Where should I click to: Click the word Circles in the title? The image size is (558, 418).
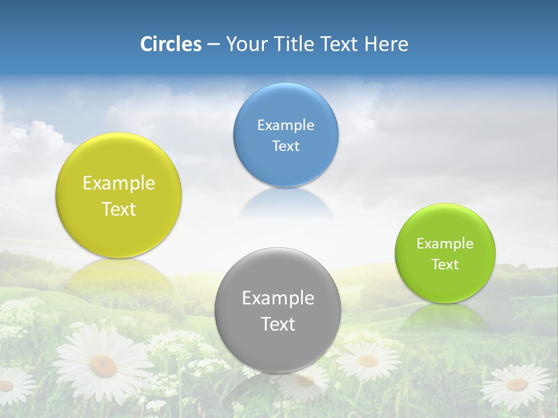coord(170,44)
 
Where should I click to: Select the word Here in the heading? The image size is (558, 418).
coord(387,44)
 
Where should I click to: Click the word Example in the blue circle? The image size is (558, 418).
coord(285,125)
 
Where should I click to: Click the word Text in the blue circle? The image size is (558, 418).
coord(285,146)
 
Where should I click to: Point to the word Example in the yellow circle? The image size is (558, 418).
coord(119,183)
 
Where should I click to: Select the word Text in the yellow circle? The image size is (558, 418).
coord(119,209)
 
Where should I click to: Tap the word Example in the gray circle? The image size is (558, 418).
coord(278,298)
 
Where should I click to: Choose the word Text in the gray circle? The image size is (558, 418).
coord(278,324)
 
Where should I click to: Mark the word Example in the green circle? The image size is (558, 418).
coord(445,243)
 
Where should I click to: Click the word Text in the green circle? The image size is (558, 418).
coord(445,264)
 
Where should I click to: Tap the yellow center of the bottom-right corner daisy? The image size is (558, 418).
coord(517,384)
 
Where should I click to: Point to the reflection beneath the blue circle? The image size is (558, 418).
coord(285,203)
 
